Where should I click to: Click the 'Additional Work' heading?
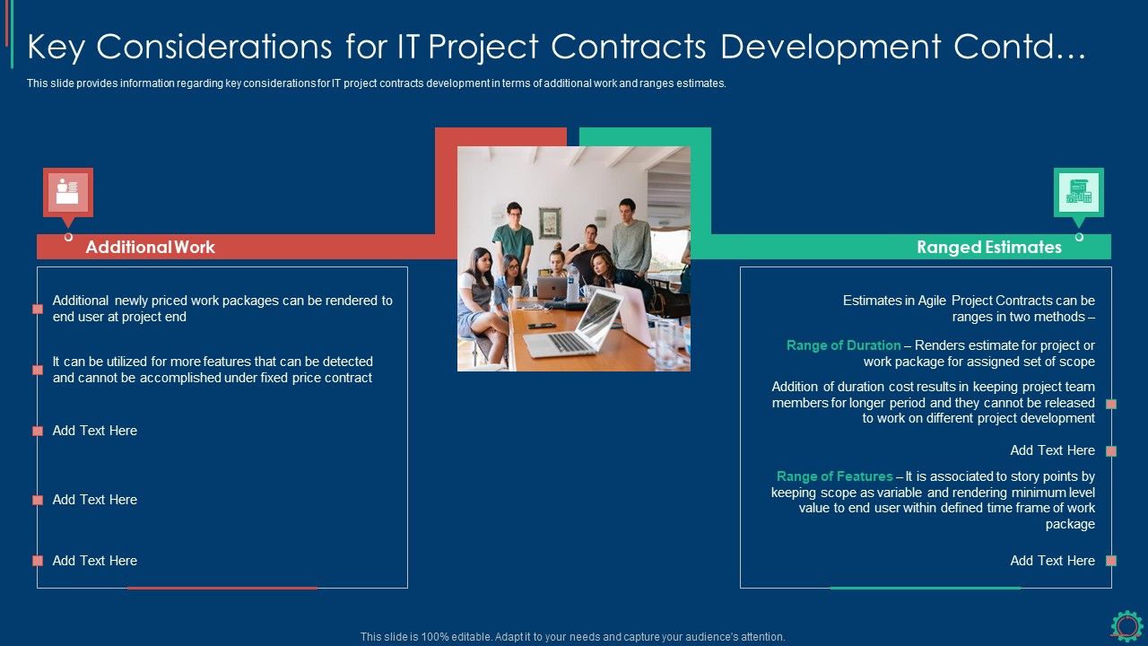coord(150,247)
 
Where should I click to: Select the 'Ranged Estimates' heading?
coord(988,247)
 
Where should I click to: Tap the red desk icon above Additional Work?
coord(67,192)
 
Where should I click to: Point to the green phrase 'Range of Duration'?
coord(843,345)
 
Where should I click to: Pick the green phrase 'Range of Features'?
coord(834,476)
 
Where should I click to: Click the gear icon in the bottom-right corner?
coord(1126,625)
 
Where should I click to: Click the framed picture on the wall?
coord(550,222)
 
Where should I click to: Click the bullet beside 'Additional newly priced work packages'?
coord(38,309)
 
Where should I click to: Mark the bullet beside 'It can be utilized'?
coord(38,370)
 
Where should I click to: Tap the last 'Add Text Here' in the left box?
coord(94,561)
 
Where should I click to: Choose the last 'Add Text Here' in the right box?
coord(1052,561)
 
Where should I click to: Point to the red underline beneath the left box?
coord(222,588)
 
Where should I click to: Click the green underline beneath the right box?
coord(925,588)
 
